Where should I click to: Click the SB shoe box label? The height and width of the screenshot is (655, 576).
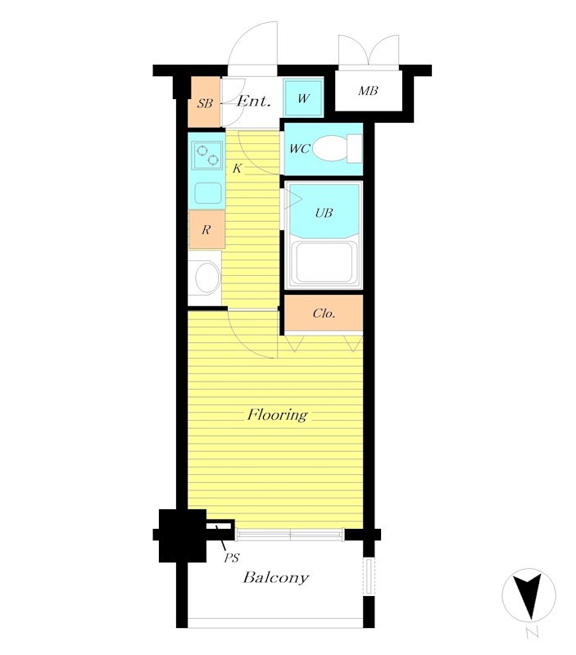[205, 103]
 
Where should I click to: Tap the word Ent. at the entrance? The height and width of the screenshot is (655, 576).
[254, 101]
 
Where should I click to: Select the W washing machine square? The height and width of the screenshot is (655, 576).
[303, 98]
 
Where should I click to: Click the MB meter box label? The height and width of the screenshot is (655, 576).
[368, 91]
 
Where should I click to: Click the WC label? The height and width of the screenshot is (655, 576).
[300, 148]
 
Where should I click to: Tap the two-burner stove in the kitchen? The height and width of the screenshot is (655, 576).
[207, 156]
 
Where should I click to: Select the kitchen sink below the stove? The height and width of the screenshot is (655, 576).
[208, 193]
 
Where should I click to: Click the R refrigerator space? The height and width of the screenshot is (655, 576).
[206, 229]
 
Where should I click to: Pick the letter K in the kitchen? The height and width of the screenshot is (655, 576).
[237, 169]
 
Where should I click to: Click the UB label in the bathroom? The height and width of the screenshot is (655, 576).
[324, 213]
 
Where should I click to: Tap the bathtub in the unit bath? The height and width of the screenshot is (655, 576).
[324, 263]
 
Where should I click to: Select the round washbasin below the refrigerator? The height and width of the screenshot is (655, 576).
[207, 278]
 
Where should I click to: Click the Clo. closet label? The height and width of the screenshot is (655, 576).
[324, 314]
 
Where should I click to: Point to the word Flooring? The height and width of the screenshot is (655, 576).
[278, 415]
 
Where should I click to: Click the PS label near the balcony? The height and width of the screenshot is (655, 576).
[231, 558]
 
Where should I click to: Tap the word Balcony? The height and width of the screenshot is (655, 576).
[276, 578]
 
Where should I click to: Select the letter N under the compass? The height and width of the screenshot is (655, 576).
[532, 633]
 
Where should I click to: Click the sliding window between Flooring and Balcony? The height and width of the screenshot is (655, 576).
[290, 535]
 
